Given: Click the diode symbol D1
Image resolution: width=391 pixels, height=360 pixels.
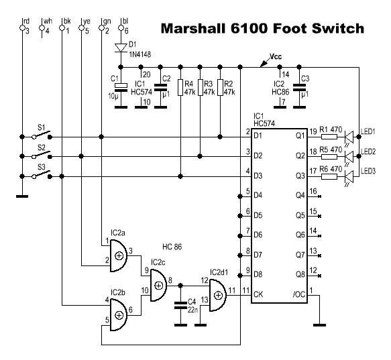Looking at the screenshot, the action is click(x=121, y=48).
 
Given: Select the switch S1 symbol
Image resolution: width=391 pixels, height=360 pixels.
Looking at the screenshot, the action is click(x=42, y=135).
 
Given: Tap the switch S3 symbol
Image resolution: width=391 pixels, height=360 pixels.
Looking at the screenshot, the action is click(x=42, y=174).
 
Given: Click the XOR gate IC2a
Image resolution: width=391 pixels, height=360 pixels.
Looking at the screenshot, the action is click(x=119, y=256).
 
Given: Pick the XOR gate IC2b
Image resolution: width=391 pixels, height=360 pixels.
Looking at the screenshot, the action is click(x=119, y=315).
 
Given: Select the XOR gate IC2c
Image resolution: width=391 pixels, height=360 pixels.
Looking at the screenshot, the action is click(x=158, y=286).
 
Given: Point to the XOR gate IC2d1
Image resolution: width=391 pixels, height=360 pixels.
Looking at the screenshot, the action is click(x=218, y=296).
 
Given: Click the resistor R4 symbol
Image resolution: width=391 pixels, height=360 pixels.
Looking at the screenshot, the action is click(x=180, y=88).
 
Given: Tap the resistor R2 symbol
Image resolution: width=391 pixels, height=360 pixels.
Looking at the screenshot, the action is click(x=220, y=88).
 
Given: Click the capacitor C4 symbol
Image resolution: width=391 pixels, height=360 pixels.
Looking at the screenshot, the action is click(x=180, y=306).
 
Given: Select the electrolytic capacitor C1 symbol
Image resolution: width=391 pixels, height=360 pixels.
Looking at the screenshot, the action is click(x=121, y=88).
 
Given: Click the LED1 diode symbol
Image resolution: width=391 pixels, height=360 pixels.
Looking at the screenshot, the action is click(x=349, y=137).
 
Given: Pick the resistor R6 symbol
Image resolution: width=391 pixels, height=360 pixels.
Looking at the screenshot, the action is click(x=329, y=176).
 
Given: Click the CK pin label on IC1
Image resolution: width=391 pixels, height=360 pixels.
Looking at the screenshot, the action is click(x=258, y=294).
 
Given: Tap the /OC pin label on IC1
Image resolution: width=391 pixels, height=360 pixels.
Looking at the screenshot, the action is click(x=299, y=294).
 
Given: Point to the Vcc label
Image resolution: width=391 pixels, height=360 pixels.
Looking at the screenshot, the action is click(x=276, y=56).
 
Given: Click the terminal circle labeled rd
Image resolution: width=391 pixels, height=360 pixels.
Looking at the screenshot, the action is click(x=22, y=28).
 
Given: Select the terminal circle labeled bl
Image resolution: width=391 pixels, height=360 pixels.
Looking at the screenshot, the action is click(x=121, y=28).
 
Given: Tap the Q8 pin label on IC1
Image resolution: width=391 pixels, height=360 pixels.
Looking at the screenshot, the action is click(x=300, y=274).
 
